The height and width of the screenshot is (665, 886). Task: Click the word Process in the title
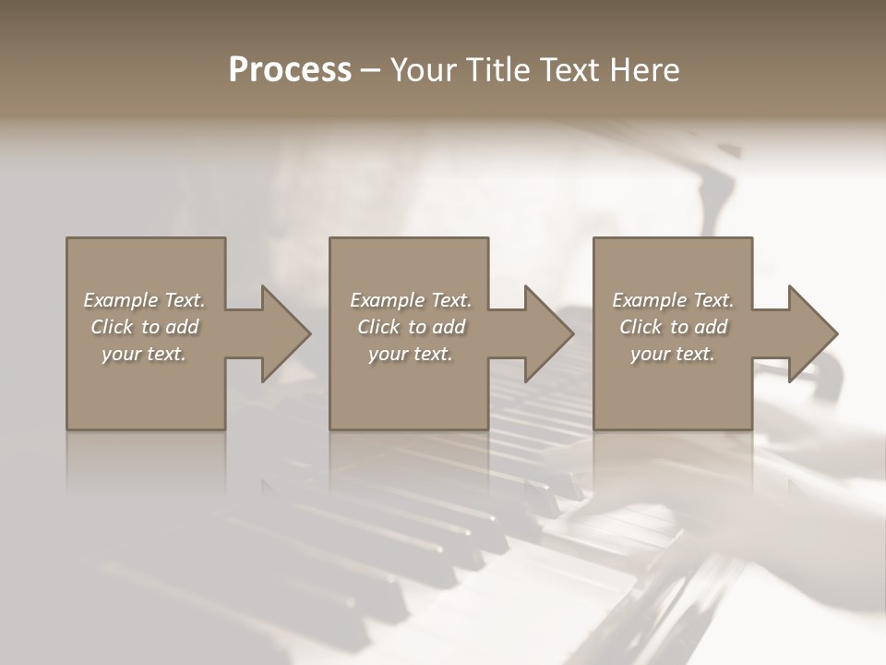tap(290, 70)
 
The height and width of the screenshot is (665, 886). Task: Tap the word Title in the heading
tap(497, 70)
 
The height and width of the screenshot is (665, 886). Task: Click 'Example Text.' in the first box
tap(145, 300)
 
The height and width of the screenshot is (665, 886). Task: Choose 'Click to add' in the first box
tap(145, 327)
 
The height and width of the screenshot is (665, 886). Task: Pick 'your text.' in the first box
tap(145, 354)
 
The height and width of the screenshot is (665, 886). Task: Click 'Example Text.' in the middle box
tap(411, 300)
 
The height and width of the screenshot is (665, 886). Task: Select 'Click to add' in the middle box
tap(411, 327)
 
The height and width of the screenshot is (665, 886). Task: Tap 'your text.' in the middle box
tap(411, 354)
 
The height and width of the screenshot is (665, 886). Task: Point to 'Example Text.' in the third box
tap(673, 300)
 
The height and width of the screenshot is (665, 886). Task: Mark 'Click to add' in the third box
tap(673, 327)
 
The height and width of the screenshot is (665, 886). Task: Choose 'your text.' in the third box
tap(673, 354)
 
